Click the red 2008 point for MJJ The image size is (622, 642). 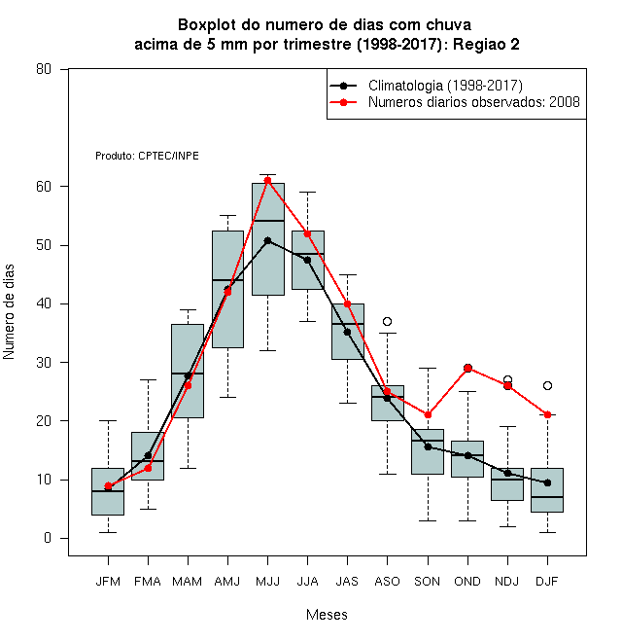(267, 181)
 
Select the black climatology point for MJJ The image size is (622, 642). (267, 240)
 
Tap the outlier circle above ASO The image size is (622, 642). (387, 321)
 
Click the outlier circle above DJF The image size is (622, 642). (547, 386)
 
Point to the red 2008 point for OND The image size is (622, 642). (467, 368)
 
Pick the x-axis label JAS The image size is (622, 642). (347, 582)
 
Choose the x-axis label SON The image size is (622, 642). (428, 582)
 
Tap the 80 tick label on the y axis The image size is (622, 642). (44, 69)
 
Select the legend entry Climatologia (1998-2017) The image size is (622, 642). (445, 86)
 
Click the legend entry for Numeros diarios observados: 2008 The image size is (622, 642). (474, 102)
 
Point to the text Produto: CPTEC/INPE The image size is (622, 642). (147, 156)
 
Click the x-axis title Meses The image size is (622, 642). (327, 615)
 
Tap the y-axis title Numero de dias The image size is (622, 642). (9, 312)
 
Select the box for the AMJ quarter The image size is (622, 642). (227, 289)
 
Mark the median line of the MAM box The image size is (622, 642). (188, 374)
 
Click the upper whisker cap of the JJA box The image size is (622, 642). (307, 192)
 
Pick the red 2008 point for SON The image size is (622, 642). (428, 414)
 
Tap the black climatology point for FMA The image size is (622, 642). (148, 455)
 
